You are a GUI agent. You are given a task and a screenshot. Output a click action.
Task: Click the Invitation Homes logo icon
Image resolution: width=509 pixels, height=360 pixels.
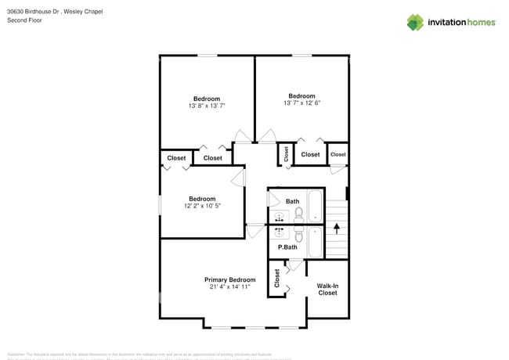coord(415,22)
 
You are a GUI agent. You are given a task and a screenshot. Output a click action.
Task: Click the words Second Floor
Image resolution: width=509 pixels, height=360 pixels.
coord(24,20)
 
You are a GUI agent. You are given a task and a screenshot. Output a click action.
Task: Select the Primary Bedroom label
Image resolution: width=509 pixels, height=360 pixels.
coord(229,279)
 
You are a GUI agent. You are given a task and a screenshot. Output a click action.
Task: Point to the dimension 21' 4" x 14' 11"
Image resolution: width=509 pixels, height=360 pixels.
coord(229,287)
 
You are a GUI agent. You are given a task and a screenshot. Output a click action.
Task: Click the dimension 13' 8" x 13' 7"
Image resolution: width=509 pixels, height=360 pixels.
coord(207,106)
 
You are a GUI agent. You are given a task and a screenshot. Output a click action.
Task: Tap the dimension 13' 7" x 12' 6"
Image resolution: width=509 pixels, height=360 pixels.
coord(301,103)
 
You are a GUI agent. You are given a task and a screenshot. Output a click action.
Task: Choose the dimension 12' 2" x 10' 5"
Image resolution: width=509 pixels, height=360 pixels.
coord(202,206)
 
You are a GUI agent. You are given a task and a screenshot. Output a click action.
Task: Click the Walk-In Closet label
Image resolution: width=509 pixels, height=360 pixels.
coord(327,290)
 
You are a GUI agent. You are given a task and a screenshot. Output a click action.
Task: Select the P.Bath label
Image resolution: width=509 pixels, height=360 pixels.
coord(287,247)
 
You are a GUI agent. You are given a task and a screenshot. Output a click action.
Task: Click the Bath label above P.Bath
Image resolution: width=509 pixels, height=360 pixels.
coord(292,201)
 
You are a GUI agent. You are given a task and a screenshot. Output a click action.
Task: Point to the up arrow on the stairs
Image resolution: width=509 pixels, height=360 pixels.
coord(337,229)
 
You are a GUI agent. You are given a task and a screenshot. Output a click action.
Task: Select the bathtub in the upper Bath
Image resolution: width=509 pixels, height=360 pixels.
coord(316,206)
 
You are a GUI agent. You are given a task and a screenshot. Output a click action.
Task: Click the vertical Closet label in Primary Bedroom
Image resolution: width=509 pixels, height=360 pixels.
coord(276,278)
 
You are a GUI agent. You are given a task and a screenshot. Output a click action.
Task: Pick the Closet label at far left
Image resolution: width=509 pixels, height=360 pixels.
coord(176,158)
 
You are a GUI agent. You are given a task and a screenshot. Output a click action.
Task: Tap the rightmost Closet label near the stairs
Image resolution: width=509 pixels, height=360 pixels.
coord(338,154)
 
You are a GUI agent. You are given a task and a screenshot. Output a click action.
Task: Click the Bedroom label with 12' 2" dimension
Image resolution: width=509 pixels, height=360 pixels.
coord(202,199)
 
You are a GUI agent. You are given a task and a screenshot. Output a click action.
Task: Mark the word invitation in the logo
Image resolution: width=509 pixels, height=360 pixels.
coord(449,23)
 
